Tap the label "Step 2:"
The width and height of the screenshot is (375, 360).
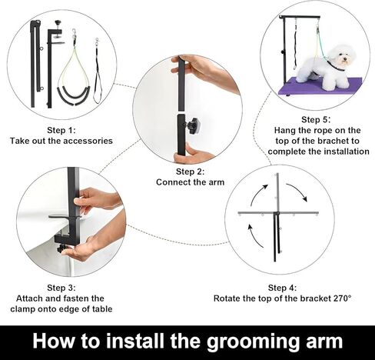190,172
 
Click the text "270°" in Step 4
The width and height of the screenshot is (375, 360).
339,298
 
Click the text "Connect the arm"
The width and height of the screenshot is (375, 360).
190,182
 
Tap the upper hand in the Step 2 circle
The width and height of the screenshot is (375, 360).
201,72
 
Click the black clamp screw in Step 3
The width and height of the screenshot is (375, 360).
61,248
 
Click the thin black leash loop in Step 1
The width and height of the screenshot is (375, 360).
97,77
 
